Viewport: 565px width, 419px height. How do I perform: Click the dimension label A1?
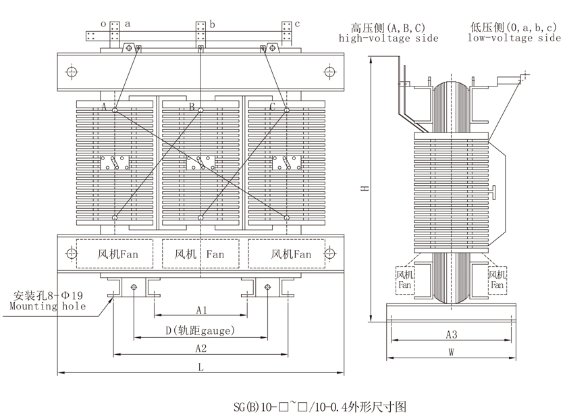pyautogui.click(x=200, y=310)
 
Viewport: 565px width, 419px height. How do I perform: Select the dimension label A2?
pyautogui.click(x=200, y=348)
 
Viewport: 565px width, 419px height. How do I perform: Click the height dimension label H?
pyautogui.click(x=363, y=189)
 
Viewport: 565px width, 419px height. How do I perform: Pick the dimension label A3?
pyautogui.click(x=452, y=335)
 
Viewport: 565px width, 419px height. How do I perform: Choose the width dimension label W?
pyautogui.click(x=452, y=351)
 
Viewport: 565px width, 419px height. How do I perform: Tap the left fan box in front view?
pyautogui.click(x=115, y=254)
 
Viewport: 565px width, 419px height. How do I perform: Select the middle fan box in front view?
pyautogui.click(x=200, y=254)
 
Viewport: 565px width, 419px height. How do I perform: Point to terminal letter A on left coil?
pyautogui.click(x=104, y=107)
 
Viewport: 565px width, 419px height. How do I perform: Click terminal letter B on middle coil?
pyautogui.click(x=191, y=107)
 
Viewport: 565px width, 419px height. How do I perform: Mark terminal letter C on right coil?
pyautogui.click(x=272, y=107)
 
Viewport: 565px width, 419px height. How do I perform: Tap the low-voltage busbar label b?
pyautogui.click(x=212, y=24)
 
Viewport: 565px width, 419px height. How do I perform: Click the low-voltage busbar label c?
pyautogui.click(x=297, y=24)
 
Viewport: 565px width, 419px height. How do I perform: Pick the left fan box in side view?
pyautogui.click(x=404, y=280)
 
